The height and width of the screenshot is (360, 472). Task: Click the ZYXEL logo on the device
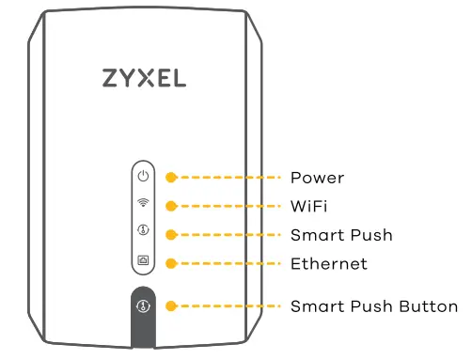pyautogui.click(x=143, y=78)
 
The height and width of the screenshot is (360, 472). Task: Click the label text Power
pyautogui.click(x=317, y=178)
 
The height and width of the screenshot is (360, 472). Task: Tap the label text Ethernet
pyautogui.click(x=328, y=263)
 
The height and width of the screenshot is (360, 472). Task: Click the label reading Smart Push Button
pyautogui.click(x=373, y=306)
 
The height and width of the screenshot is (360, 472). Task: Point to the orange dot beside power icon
pyautogui.click(x=170, y=177)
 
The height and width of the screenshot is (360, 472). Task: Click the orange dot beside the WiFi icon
pyautogui.click(x=170, y=205)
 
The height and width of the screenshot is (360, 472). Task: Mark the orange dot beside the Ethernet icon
pyautogui.click(x=170, y=263)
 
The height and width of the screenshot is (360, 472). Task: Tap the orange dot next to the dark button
pyautogui.click(x=170, y=306)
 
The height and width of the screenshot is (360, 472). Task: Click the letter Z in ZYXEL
pyautogui.click(x=111, y=78)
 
